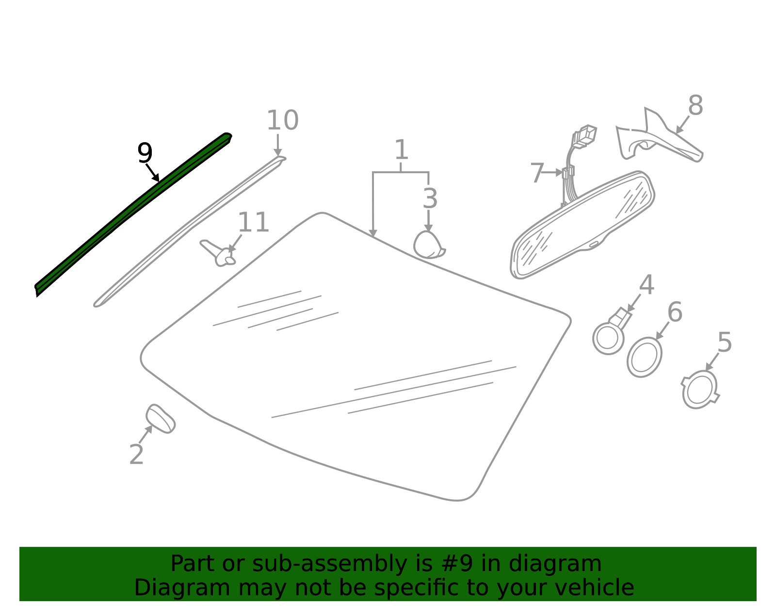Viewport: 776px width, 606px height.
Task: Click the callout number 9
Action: point(145,153)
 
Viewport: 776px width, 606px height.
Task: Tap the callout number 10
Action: point(282,120)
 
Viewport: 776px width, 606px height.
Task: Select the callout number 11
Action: point(253,222)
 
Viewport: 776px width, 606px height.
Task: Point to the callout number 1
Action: point(402,149)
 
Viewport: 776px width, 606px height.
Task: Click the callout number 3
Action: point(430,198)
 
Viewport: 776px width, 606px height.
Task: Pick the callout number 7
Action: point(537,173)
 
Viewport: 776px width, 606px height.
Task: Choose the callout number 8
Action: point(695,105)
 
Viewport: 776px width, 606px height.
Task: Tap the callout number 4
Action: point(647,285)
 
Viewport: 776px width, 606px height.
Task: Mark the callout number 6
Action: point(675,312)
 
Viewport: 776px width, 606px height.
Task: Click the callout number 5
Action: point(725,342)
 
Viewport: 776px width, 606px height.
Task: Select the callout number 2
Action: point(136,455)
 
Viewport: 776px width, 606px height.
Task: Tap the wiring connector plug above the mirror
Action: point(584,136)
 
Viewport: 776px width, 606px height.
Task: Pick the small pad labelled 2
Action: point(161,419)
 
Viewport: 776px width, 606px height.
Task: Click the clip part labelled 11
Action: point(218,253)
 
